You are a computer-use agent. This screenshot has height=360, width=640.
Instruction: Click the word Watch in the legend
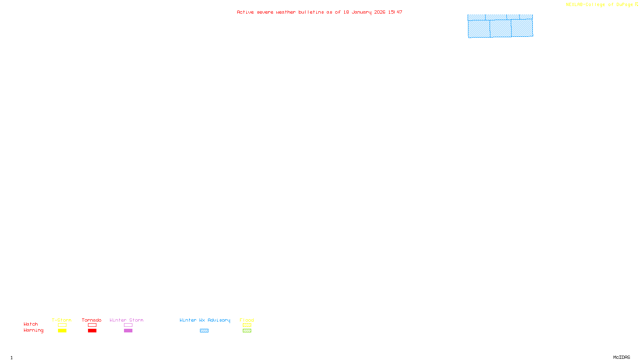click(x=31, y=324)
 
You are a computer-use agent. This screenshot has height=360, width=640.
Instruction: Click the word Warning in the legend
click(x=33, y=330)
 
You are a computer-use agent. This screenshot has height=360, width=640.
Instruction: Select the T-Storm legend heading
click(x=62, y=320)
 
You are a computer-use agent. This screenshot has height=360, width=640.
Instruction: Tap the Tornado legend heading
click(x=92, y=320)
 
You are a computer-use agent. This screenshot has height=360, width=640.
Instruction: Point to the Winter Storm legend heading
click(x=126, y=320)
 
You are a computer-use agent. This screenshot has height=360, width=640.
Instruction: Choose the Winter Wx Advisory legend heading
click(x=205, y=320)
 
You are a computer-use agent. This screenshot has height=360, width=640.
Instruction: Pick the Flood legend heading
click(x=247, y=320)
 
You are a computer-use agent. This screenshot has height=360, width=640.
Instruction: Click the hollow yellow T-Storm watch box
click(x=62, y=325)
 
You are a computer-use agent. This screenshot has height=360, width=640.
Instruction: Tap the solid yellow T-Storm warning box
click(x=62, y=331)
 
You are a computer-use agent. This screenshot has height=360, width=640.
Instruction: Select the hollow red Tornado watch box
click(x=92, y=325)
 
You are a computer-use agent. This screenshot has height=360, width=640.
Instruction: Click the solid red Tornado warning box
click(x=92, y=331)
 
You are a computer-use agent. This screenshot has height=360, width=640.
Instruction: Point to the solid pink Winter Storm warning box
click(x=128, y=331)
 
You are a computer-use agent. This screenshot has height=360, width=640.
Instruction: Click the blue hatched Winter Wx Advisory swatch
click(x=204, y=331)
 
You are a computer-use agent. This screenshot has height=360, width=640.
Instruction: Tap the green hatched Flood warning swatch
click(x=247, y=331)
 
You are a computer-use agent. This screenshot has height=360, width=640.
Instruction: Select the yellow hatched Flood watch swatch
click(x=247, y=325)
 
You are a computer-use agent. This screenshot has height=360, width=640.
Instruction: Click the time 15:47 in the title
click(x=395, y=12)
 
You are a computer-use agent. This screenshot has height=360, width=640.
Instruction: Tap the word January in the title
click(x=362, y=12)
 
